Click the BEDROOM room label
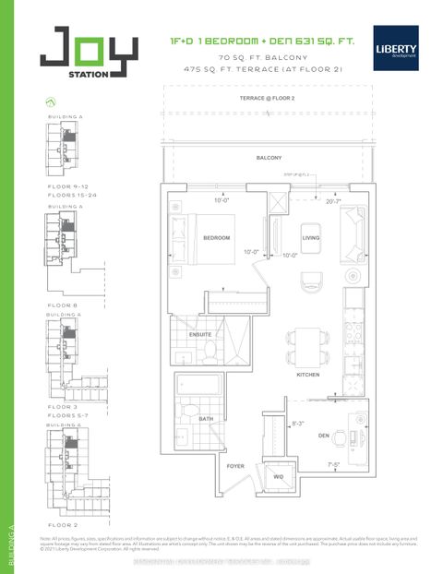(x=217, y=238)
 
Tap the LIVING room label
(x=310, y=238)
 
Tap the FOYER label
(x=235, y=466)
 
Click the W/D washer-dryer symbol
(x=278, y=477)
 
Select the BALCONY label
(x=269, y=158)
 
